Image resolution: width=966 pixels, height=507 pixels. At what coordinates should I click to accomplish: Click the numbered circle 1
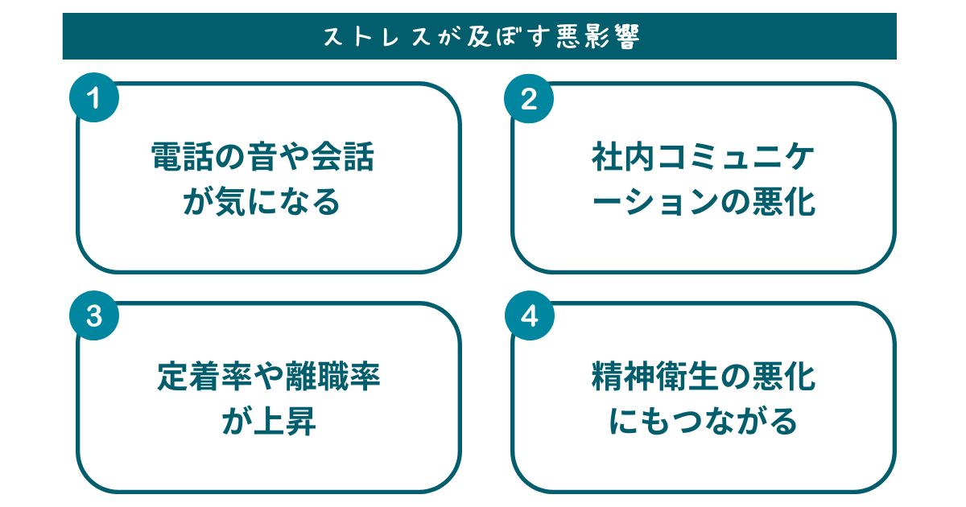94,97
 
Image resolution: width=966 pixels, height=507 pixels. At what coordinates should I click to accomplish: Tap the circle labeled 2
529,99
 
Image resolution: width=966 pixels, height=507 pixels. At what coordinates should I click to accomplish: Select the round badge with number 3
94,315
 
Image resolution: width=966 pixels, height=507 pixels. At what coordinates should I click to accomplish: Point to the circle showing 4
530,315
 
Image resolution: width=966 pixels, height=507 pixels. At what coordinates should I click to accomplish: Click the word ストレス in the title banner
377,37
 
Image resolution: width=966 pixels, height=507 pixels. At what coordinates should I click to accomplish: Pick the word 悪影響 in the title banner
597,37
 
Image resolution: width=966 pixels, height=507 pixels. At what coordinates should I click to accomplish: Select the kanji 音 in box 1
262,156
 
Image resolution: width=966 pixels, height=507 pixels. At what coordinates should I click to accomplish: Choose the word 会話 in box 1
342,156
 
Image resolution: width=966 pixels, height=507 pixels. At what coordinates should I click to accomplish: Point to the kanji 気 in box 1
231,202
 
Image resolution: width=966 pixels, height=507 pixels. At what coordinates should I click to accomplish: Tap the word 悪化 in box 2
784,202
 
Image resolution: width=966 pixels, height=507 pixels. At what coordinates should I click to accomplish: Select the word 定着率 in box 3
204,377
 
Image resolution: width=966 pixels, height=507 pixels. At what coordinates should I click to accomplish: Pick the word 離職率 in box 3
333,377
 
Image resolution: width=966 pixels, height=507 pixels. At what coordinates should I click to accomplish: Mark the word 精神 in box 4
623,377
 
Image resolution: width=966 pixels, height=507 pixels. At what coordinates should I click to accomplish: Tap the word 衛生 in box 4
687,377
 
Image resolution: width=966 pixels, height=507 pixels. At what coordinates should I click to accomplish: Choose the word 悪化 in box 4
784,377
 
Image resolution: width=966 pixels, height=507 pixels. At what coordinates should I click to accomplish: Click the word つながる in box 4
735,421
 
